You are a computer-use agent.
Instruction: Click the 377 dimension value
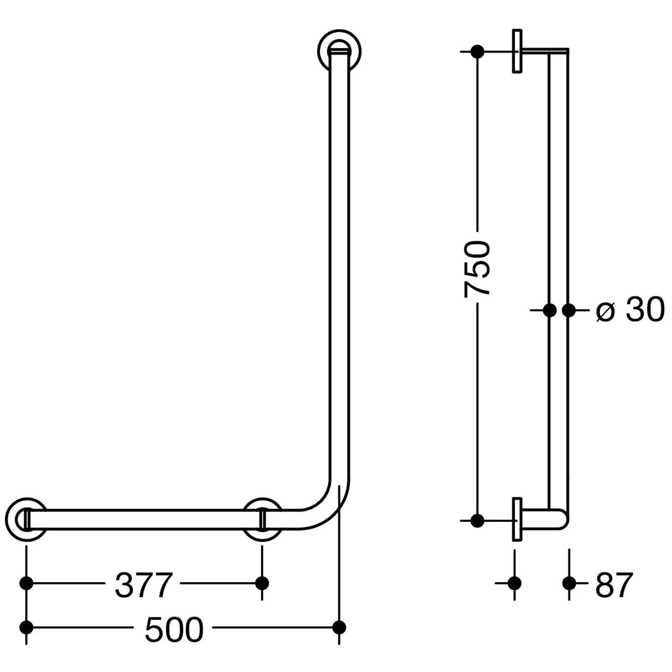click(144, 585)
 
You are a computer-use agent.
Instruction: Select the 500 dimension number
click(174, 629)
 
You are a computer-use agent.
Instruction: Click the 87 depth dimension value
click(614, 585)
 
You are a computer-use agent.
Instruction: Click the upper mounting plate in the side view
click(517, 52)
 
